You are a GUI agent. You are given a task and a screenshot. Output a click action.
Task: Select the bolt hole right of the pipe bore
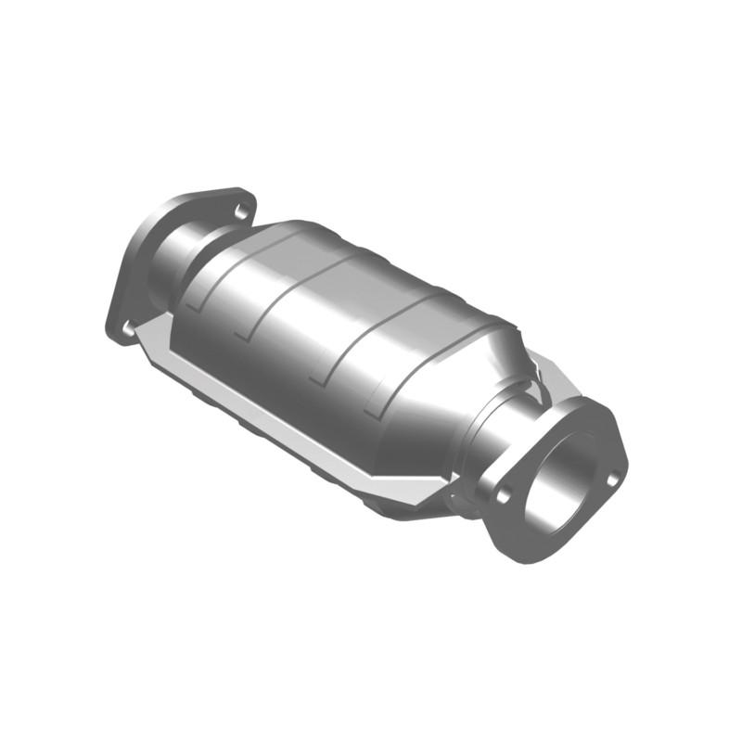(611, 479)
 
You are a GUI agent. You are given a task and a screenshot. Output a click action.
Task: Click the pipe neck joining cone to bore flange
(496, 436)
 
